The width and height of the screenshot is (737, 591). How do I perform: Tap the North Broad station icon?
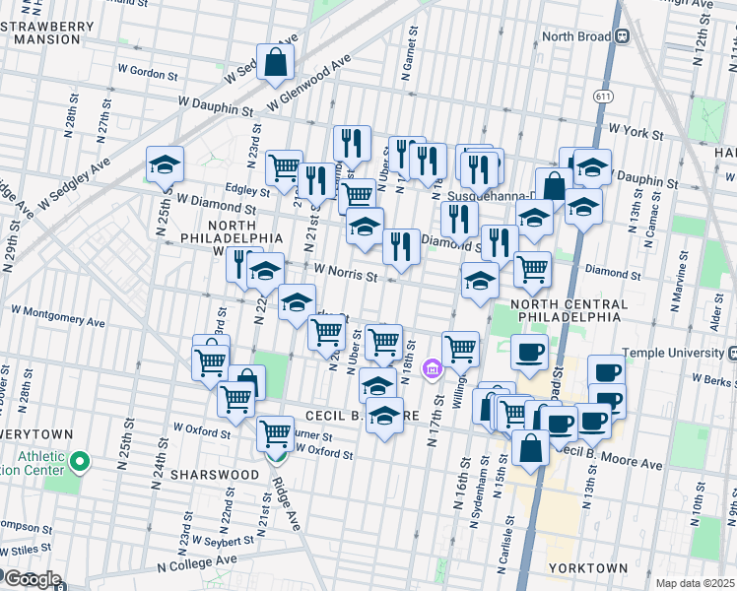623,36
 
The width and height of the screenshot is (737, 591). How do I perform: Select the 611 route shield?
600,96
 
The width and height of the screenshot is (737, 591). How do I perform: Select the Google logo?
32,579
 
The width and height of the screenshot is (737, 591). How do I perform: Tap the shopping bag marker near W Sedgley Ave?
277,62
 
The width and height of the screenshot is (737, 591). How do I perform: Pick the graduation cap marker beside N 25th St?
165,164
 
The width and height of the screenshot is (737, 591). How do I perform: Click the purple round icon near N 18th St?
431,370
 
